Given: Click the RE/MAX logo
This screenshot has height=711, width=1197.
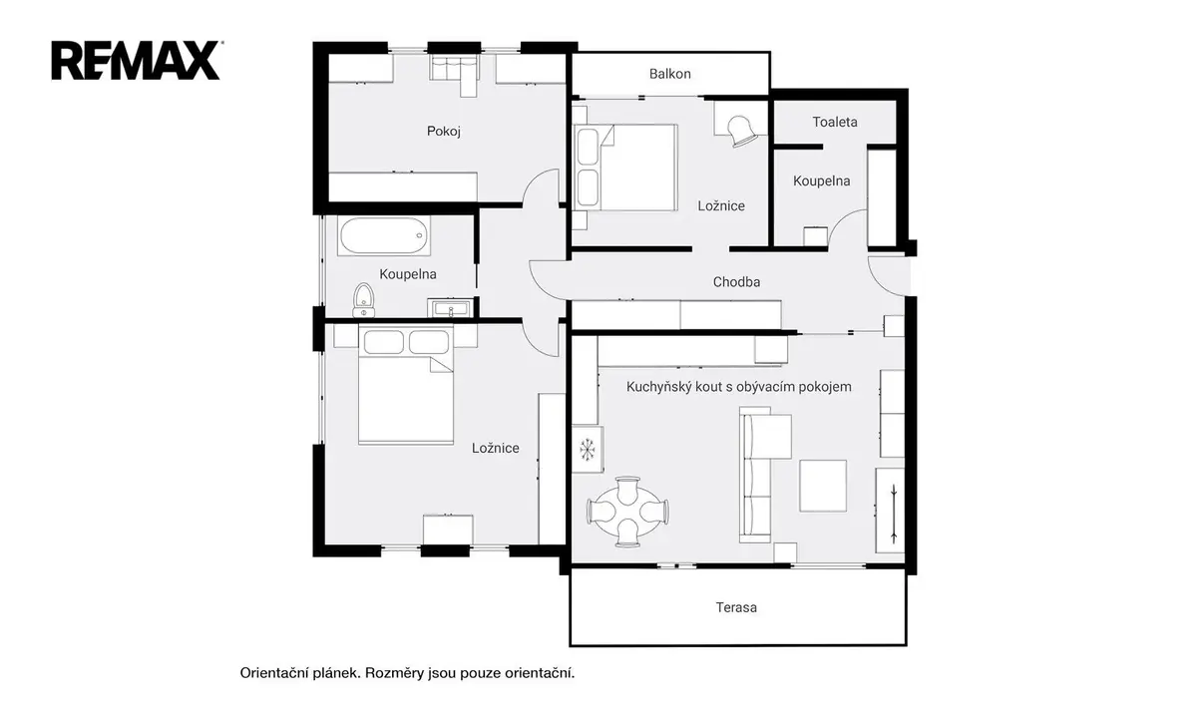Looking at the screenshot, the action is click(136, 61).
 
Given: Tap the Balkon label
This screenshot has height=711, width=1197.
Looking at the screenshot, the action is click(669, 74).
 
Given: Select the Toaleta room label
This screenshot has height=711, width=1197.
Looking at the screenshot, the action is click(835, 122).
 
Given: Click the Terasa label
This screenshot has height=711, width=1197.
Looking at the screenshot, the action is click(736, 607).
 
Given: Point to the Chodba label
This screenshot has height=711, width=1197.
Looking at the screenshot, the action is click(736, 281).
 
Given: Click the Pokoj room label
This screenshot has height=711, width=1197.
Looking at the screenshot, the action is click(444, 131).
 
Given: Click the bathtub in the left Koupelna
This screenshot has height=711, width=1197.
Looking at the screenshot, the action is click(383, 235).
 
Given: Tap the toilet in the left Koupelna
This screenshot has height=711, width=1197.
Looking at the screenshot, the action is click(363, 300).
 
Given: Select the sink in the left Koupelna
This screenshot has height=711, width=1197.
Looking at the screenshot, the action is click(451, 308).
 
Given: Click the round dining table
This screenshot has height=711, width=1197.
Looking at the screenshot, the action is click(627, 512).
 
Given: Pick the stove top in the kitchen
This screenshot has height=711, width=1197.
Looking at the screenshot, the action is click(588, 449).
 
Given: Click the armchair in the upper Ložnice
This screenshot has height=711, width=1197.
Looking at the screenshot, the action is click(741, 131).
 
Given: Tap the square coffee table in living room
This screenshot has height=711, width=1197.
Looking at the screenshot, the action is click(822, 486).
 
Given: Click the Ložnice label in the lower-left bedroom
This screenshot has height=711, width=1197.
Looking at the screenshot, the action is click(495, 448).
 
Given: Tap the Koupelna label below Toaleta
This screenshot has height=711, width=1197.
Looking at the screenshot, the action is click(821, 181).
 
